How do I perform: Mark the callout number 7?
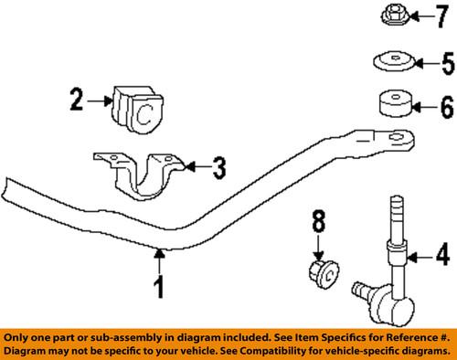pos(443,16)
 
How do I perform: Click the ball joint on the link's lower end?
pos(363,291)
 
